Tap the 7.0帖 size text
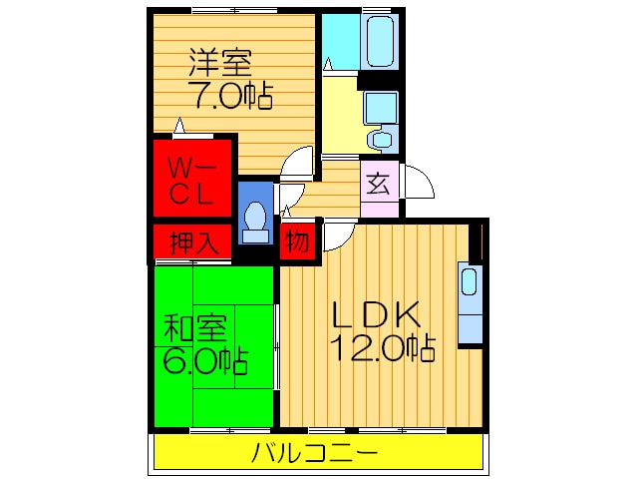coord(230,98)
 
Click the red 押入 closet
coord(191,241)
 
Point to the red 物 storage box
coord(298,241)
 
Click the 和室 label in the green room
coord(197,326)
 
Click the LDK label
coord(379,315)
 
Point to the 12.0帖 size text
coord(384,349)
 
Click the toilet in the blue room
coord(255,219)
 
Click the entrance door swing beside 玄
coord(418,184)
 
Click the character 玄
coord(378,185)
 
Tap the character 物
coord(298,241)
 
